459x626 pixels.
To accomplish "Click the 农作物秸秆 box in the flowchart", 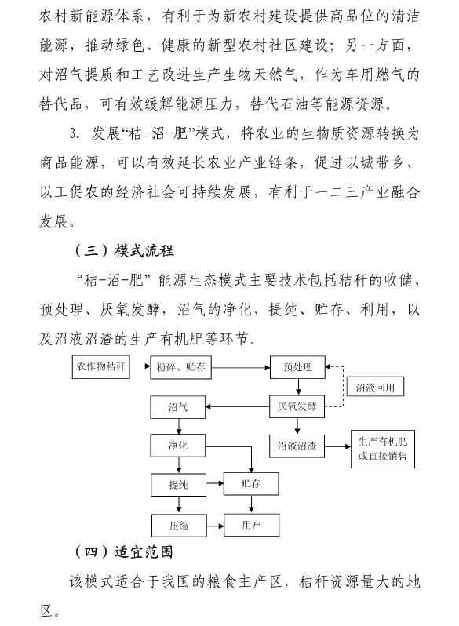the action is [x=100, y=366].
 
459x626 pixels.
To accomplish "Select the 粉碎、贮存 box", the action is [x=180, y=367].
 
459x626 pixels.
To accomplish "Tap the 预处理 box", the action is [x=297, y=367].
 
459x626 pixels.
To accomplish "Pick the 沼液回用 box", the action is [x=375, y=387].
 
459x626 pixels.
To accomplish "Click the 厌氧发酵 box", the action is [x=297, y=406].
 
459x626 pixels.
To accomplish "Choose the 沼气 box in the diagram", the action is [x=178, y=407].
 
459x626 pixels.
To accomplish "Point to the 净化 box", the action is [x=178, y=446].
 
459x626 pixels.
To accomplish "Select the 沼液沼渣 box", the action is [x=297, y=446].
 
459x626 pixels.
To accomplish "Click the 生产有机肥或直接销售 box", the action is [x=383, y=449].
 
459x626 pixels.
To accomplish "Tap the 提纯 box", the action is [x=179, y=485].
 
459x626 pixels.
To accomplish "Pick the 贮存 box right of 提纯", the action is [x=251, y=484].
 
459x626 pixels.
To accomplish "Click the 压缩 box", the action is [x=179, y=526].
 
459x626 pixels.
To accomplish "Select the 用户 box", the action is [x=251, y=525].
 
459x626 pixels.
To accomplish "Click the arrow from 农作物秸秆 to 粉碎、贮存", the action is [x=140, y=366].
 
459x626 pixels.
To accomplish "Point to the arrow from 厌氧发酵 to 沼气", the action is [x=237, y=407].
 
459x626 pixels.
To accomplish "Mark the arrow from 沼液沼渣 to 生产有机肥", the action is [x=337, y=446].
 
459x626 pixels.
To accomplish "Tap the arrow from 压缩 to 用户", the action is [x=215, y=526].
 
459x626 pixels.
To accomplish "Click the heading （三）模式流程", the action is [x=124, y=251].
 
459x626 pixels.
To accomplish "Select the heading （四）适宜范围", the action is [x=124, y=552].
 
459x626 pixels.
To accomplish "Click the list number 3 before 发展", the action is [x=74, y=133].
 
